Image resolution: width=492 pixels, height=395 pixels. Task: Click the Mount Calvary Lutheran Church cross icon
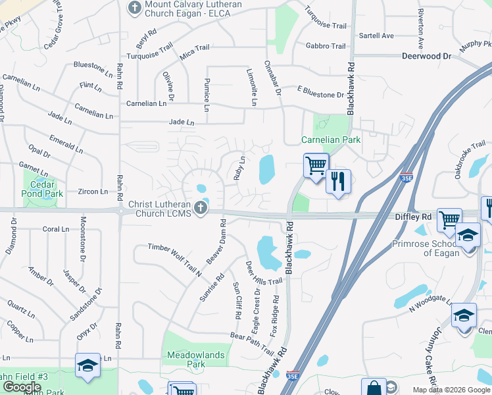click(x=135, y=9)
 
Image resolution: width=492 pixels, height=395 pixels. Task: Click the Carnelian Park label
click(x=331, y=140)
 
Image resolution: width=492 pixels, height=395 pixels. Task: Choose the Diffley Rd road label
click(x=412, y=216)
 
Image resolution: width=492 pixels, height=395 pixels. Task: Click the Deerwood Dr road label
click(x=426, y=57)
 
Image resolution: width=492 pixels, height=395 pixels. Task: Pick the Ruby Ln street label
click(x=240, y=168)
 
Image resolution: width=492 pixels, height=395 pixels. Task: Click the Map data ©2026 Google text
click(x=451, y=390)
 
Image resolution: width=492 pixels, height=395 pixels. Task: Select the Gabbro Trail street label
click(x=325, y=46)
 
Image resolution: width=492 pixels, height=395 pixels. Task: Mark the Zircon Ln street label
click(x=93, y=192)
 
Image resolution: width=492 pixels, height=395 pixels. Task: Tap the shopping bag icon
click(x=374, y=388)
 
